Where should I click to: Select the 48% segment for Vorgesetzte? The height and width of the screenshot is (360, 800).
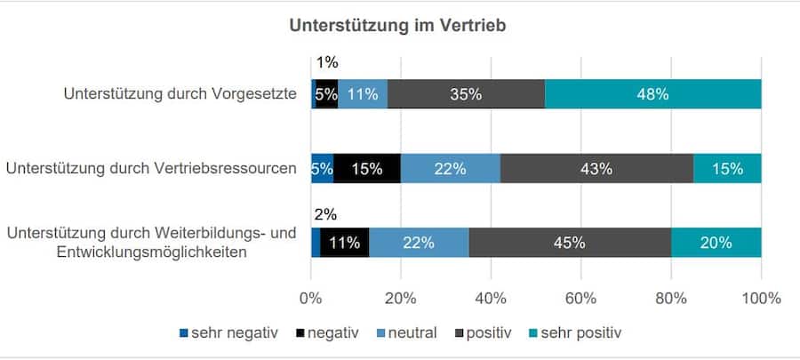click(x=652, y=94)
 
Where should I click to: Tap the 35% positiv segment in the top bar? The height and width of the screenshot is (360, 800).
click(x=466, y=94)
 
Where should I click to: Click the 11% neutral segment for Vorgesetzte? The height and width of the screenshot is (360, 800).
click(x=363, y=94)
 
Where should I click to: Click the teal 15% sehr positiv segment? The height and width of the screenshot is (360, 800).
click(x=727, y=168)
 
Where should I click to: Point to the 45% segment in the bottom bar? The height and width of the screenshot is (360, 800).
click(x=569, y=242)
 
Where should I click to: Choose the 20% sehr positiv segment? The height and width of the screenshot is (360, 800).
click(x=716, y=242)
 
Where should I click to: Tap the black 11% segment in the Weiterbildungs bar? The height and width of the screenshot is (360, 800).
click(x=343, y=242)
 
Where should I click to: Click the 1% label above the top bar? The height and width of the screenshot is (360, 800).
click(x=326, y=63)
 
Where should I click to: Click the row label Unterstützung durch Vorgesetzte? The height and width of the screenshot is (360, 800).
click(x=180, y=93)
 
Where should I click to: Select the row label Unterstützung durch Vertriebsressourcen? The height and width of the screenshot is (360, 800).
click(x=150, y=167)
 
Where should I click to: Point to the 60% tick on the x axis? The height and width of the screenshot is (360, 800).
click(x=580, y=298)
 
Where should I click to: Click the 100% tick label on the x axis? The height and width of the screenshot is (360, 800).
click(x=761, y=298)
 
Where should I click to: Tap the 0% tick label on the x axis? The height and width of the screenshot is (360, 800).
click(x=311, y=298)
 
